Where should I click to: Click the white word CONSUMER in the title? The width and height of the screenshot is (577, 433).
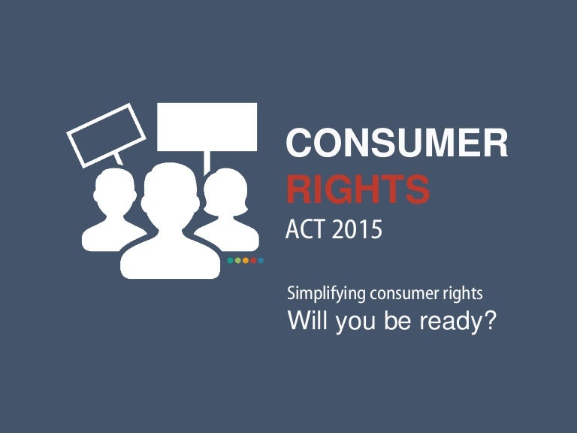tap(397, 144)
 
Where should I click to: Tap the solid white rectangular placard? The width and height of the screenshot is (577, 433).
tap(207, 126)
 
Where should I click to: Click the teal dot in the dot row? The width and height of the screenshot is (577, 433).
tap(230, 261)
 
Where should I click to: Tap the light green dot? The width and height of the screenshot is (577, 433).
tap(237, 261)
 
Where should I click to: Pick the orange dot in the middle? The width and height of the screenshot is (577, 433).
tap(246, 261)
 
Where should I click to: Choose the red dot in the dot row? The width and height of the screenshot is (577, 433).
tap(253, 261)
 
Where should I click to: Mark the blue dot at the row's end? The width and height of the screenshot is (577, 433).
tap(261, 261)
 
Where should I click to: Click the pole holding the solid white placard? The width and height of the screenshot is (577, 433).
tap(207, 161)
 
